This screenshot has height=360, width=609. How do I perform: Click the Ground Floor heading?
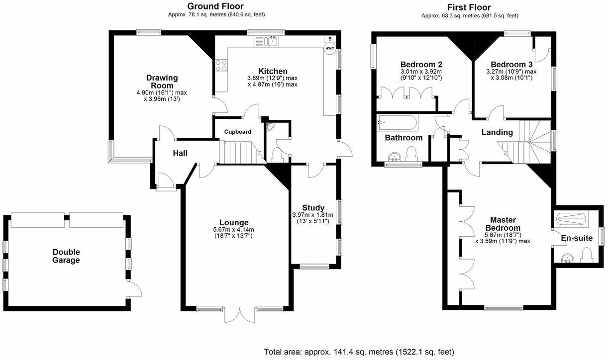click(215, 6)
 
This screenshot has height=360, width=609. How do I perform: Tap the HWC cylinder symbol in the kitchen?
click(329, 49)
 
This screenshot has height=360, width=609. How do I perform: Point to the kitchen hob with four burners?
click(221, 66)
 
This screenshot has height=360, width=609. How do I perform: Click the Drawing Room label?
click(162, 82)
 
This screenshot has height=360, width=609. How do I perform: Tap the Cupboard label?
click(237, 132)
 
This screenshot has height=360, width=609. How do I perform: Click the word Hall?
click(180, 153)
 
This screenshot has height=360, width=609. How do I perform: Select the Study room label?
click(313, 208)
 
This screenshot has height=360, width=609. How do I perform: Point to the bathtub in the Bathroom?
click(398, 122)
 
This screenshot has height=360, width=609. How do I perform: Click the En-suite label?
click(577, 238)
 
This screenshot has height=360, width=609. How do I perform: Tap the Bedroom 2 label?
click(421, 65)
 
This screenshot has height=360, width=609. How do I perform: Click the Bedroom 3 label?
click(511, 65)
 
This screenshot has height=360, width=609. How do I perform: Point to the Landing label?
click(497, 132)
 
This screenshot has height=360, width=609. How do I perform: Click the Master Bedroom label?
click(503, 224)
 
